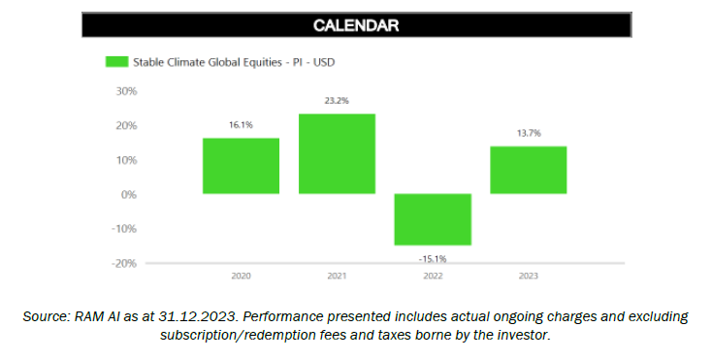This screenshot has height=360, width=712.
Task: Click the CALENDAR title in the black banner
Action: pyautogui.click(x=356, y=25)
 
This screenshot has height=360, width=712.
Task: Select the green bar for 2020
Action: pyautogui.click(x=241, y=166)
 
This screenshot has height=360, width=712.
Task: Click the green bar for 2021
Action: pyautogui.click(x=337, y=153)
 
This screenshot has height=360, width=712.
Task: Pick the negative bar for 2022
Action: pyautogui.click(x=432, y=219)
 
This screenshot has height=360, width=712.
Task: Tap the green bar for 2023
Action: pyautogui.click(x=528, y=170)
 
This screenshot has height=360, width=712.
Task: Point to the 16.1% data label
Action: pyautogui.click(x=241, y=125)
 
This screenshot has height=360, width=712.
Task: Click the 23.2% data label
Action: pyautogui.click(x=337, y=101)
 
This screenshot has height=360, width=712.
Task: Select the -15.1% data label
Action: pyautogui.click(x=432, y=258)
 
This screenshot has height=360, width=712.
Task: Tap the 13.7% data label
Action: pyautogui.click(x=528, y=133)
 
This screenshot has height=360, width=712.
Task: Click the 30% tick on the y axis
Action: pyautogui.click(x=126, y=91)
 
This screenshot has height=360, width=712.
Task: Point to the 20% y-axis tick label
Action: pyautogui.click(x=126, y=125)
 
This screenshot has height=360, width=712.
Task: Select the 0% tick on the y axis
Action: pyautogui.click(x=129, y=194)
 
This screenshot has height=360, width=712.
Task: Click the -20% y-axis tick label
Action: pyautogui.click(x=125, y=263)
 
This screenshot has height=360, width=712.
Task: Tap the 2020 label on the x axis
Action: pyautogui.click(x=241, y=277)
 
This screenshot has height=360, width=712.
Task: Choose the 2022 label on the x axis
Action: pyautogui.click(x=432, y=277)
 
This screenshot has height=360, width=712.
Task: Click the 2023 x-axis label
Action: pyautogui.click(x=528, y=277)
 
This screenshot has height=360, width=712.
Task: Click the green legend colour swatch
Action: pyautogui.click(x=115, y=62)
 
